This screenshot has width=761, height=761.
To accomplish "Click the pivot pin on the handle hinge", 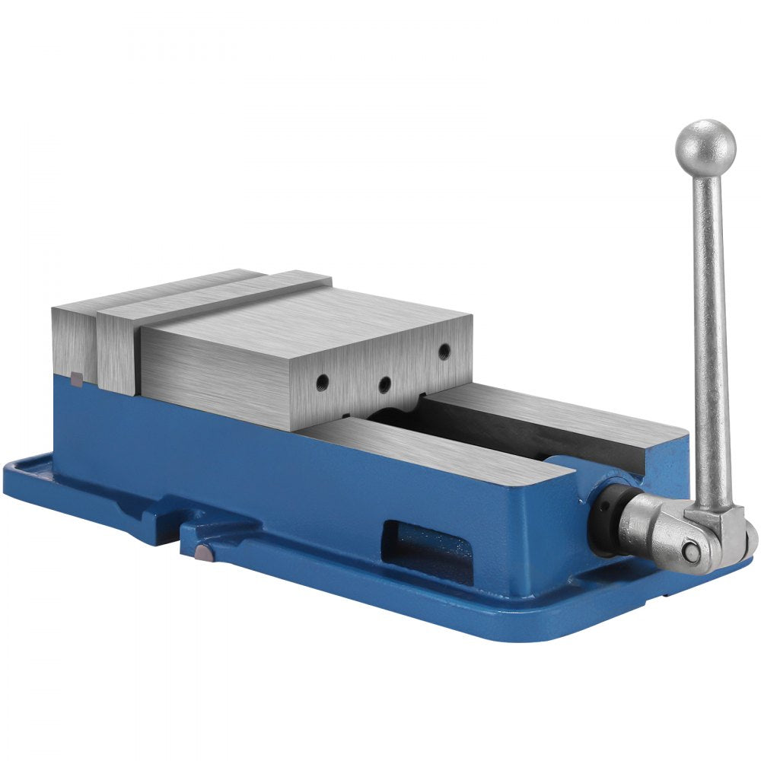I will [x=689, y=550].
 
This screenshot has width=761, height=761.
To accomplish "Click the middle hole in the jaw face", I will [x=385, y=384].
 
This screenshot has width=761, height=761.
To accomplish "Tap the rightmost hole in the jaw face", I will [x=443, y=349].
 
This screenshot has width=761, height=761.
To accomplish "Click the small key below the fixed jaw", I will [x=76, y=377].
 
